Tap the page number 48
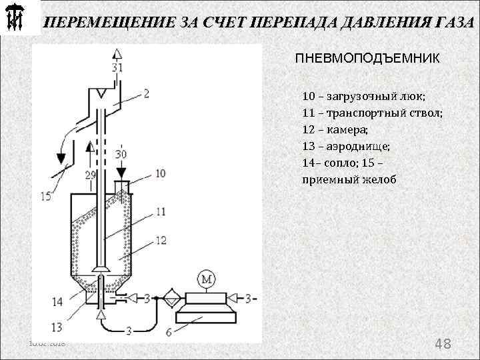[443, 344]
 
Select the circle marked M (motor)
[206, 279]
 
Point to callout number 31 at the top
[117, 68]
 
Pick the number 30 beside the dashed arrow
[120, 155]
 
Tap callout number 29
[91, 175]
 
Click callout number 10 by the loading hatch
[160, 173]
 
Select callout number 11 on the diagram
[161, 211]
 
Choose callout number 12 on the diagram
[161, 240]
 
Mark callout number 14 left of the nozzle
[57, 302]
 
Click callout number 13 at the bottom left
[57, 327]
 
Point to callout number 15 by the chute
[45, 196]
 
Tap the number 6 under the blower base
[169, 331]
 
